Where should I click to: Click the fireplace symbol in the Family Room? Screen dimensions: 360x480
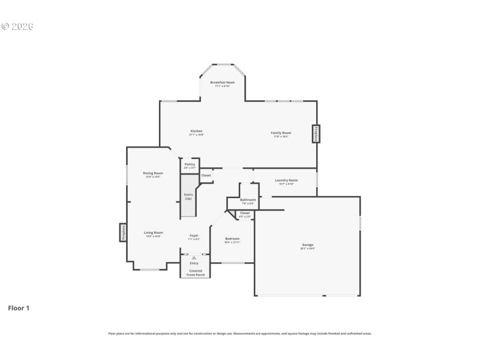[314, 134]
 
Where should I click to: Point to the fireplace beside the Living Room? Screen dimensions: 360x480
[122, 233]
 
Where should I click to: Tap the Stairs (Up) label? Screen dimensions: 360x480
[188, 196]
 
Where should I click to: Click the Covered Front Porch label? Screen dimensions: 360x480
[195, 272]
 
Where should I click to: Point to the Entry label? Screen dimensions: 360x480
[194, 263]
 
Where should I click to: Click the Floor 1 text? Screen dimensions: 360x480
[19, 308]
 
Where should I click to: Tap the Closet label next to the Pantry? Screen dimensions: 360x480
[206, 175]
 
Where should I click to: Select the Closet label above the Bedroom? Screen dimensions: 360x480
[245, 214]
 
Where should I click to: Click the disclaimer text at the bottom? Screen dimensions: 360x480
[240, 333]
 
